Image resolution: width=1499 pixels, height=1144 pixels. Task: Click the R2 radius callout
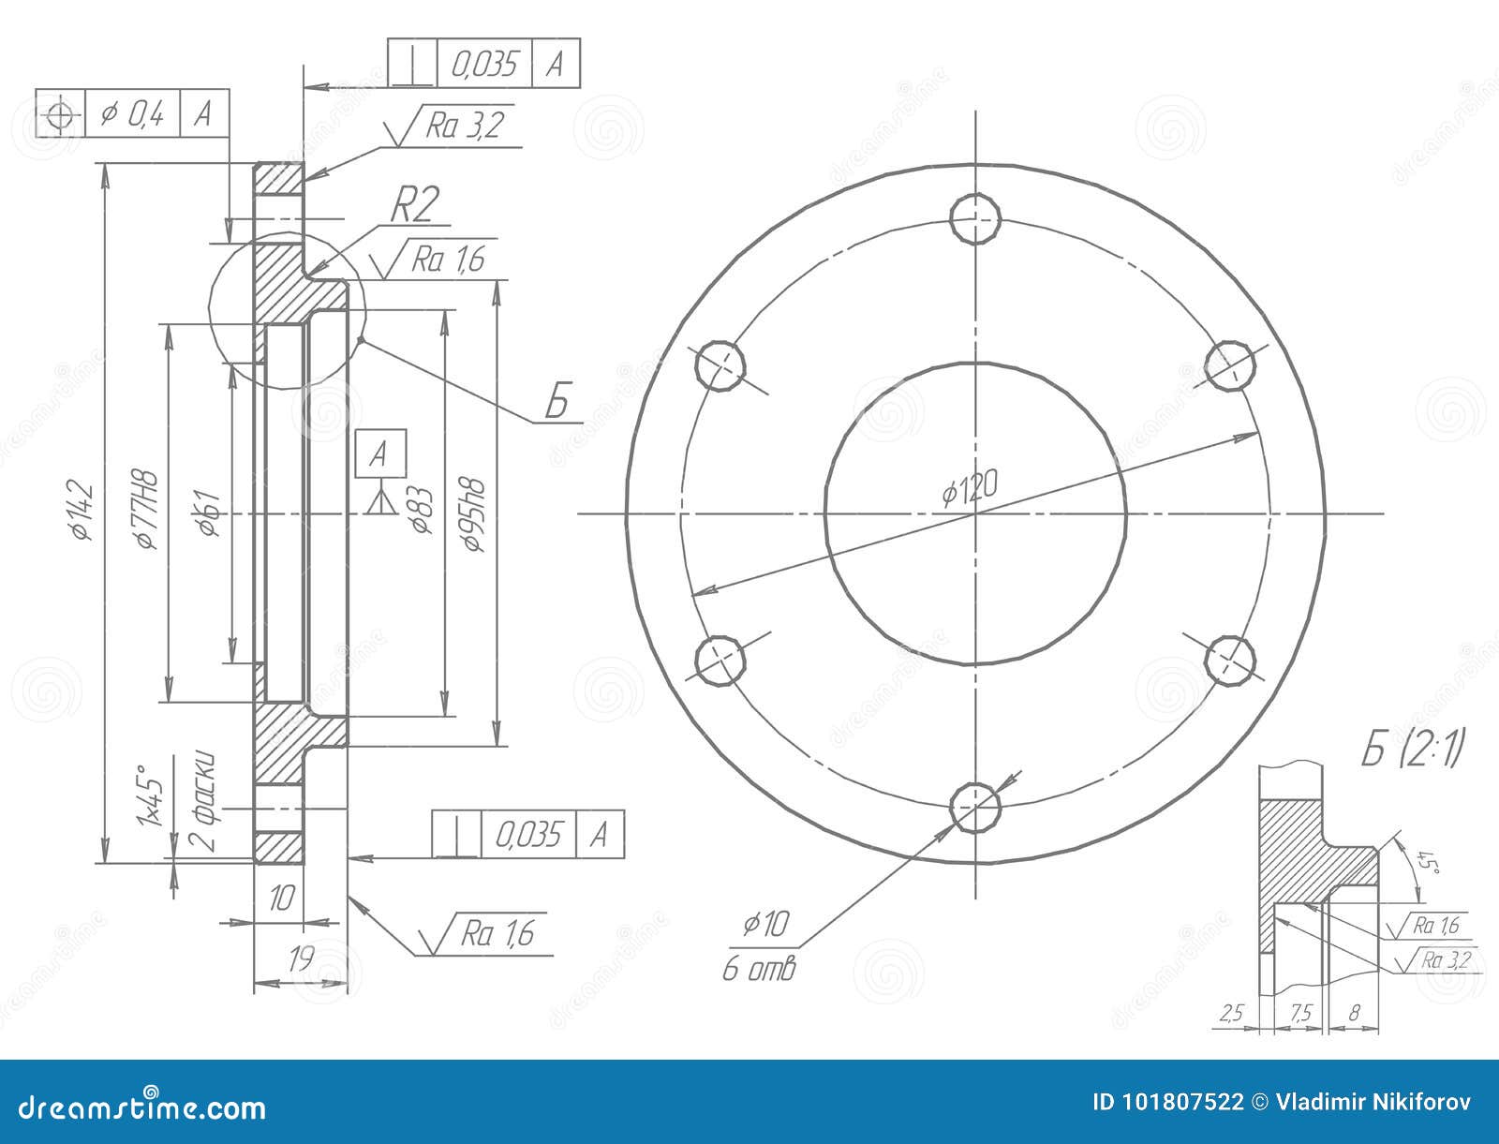(x=413, y=205)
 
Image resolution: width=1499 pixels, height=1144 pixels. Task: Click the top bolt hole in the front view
(x=976, y=217)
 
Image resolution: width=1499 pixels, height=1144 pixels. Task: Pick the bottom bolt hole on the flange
(x=975, y=807)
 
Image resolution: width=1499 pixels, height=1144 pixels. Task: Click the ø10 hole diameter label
(x=767, y=926)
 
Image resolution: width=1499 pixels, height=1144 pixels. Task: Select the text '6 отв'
(x=759, y=969)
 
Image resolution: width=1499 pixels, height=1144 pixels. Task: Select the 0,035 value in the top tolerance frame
(x=484, y=64)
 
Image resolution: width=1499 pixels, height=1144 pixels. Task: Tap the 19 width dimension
(x=300, y=958)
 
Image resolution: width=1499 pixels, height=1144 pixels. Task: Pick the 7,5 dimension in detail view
(x=1300, y=1012)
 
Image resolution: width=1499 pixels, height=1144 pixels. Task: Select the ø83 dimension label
(x=421, y=512)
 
